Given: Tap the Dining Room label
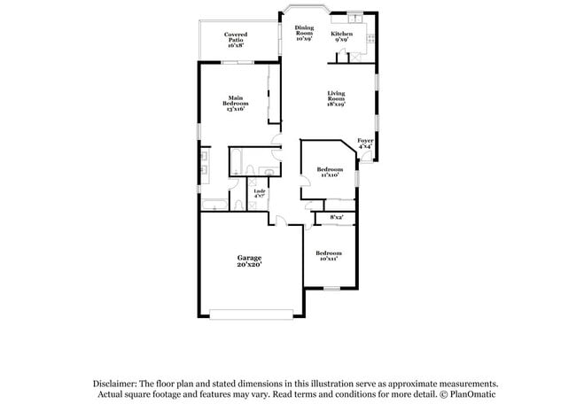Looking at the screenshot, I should point(304,34).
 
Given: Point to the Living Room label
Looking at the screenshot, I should point(335,97).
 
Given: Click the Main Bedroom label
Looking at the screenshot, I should point(235,101).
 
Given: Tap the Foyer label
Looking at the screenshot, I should point(364,144).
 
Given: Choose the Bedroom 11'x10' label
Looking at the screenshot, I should point(330,172).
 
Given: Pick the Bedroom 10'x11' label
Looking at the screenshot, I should point(329,256).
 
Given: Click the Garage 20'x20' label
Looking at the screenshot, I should point(249,260).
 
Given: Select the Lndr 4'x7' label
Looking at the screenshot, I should point(260,194).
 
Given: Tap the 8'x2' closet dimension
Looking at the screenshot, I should point(337,217).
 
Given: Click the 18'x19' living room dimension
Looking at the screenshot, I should point(335,104).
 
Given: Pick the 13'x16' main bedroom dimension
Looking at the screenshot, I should point(235,107).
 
